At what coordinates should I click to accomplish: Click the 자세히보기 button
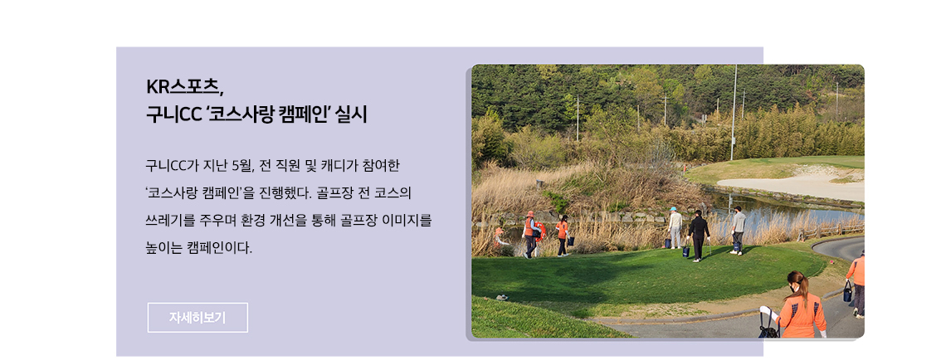pyautogui.click(x=197, y=317)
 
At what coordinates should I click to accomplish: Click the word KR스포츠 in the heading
pyautogui.click(x=184, y=87)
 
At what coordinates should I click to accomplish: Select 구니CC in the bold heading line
pyautogui.click(x=173, y=114)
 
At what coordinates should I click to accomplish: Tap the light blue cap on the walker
pyautogui.click(x=673, y=209)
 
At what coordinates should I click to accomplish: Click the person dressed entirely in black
pyautogui.click(x=698, y=236)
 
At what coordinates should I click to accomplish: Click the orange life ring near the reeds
pyautogui.click(x=539, y=231)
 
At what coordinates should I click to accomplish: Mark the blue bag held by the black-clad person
pyautogui.click(x=686, y=251)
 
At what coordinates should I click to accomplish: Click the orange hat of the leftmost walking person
pyautogui.click(x=530, y=214)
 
